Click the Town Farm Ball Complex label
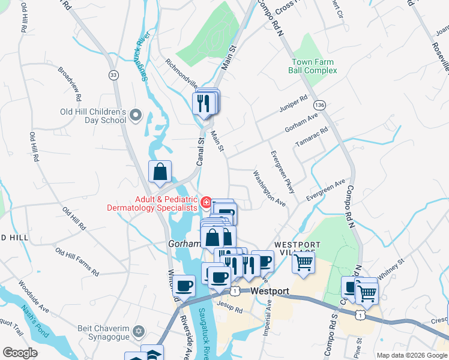coord(314,66)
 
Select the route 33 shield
coord(113,74)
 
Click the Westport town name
coord(271,291)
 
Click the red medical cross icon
coord(206,203)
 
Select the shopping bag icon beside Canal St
coord(160,172)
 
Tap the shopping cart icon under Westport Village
coord(304,262)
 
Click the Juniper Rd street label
coord(293,103)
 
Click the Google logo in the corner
coord(19,353)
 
